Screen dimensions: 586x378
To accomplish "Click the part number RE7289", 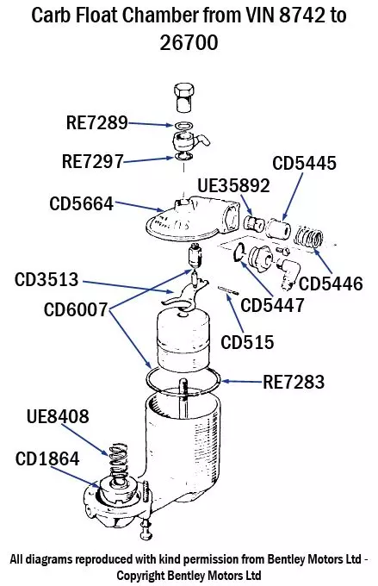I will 96,123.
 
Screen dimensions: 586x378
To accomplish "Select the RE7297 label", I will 92,160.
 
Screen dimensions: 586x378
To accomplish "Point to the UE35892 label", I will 233,185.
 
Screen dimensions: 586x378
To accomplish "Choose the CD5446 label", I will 331,283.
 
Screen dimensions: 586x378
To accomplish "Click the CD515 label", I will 247,342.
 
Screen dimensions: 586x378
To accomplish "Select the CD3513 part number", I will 46,280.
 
